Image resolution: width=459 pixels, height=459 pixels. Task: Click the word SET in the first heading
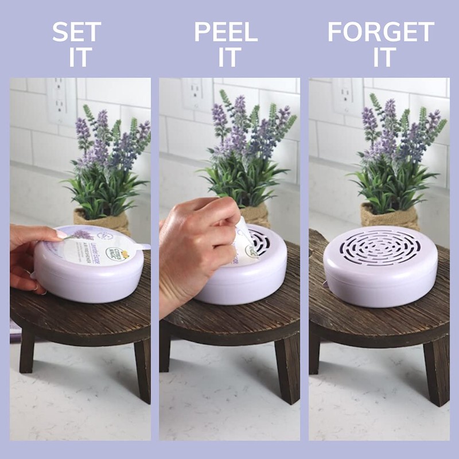[x=76, y=33]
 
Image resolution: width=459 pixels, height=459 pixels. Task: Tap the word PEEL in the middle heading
[x=225, y=33]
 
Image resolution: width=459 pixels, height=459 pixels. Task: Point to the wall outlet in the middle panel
[x=197, y=94]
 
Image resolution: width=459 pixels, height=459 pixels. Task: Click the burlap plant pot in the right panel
[x=389, y=216]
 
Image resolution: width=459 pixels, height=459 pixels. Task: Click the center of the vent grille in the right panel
[x=380, y=247]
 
